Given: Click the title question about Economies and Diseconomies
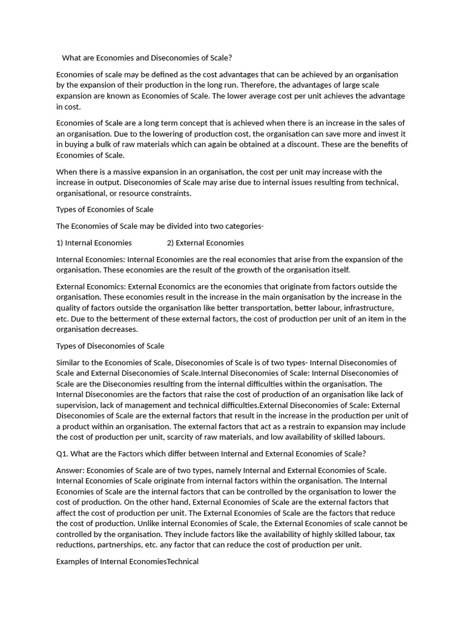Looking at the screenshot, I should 147,58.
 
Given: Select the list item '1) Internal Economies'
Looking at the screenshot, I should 94,243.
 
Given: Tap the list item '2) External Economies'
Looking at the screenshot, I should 205,243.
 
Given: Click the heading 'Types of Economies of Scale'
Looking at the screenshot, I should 105,209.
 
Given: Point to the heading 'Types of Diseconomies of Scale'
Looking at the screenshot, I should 110,346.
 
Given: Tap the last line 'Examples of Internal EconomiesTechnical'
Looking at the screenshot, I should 127,562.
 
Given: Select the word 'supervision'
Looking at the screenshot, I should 78,405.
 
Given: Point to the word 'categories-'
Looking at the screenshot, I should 243,226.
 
